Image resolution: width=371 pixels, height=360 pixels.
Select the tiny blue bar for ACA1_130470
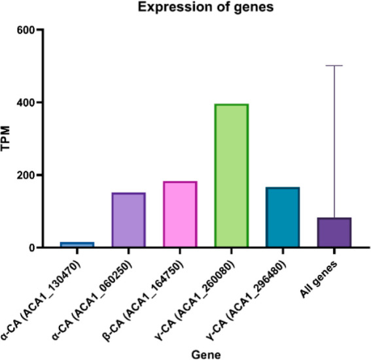[77, 244]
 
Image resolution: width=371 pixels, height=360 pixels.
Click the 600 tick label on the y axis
[26, 30]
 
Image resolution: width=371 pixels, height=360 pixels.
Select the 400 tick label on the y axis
[26, 103]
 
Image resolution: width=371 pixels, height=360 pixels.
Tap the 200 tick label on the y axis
[26, 175]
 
